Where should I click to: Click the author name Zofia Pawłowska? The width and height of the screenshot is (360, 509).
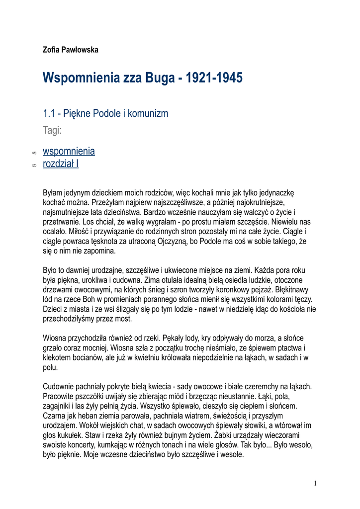71,50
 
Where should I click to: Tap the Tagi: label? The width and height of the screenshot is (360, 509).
52,131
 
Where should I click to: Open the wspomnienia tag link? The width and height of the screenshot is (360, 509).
69,151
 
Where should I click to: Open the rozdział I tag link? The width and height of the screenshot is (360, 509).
61,164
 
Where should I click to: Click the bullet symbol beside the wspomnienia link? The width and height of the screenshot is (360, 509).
34,152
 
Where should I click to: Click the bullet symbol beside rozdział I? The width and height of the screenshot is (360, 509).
34,165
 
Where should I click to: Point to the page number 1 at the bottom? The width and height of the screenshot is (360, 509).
315,483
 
